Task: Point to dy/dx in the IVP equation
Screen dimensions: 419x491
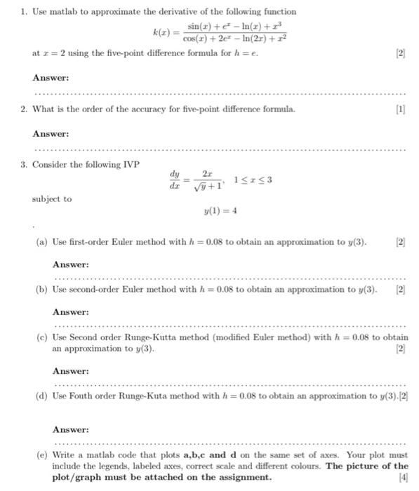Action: (175, 179)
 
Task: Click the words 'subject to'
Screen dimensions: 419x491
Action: (52, 199)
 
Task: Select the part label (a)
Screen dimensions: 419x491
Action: (42, 241)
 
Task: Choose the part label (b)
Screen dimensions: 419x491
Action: (42, 289)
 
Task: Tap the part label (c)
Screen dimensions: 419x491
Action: (42, 337)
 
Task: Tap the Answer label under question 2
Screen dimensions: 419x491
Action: (51, 133)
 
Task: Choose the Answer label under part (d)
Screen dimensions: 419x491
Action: (70, 429)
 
